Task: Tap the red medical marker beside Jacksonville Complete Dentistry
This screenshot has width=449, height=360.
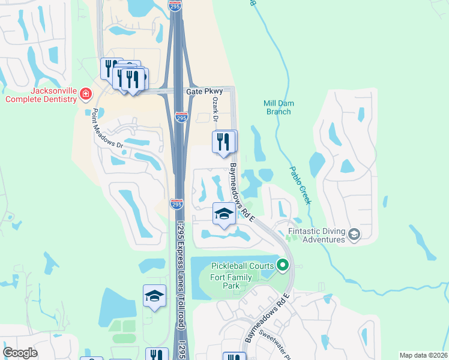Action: pyautogui.click(x=85, y=94)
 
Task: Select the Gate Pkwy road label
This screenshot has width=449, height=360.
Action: pyautogui.click(x=205, y=91)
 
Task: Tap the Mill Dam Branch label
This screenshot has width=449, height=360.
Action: pyautogui.click(x=279, y=107)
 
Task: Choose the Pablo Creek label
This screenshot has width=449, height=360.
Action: pyautogui.click(x=301, y=185)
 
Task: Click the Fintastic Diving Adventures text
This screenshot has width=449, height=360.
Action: pyautogui.click(x=316, y=235)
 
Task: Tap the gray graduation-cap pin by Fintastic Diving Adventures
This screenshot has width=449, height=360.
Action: pyautogui.click(x=354, y=234)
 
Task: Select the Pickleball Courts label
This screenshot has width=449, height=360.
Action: pyautogui.click(x=243, y=266)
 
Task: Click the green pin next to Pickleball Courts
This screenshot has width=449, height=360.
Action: pyautogui.click(x=282, y=265)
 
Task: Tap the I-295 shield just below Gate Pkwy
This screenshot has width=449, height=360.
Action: pyautogui.click(x=181, y=118)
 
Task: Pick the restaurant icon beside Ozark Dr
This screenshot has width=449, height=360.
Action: pyautogui.click(x=223, y=142)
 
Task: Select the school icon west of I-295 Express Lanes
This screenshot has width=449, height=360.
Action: pyautogui.click(x=154, y=296)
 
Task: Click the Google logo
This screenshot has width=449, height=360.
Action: pyautogui.click(x=20, y=353)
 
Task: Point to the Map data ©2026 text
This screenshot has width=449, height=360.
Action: pyautogui.click(x=423, y=355)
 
